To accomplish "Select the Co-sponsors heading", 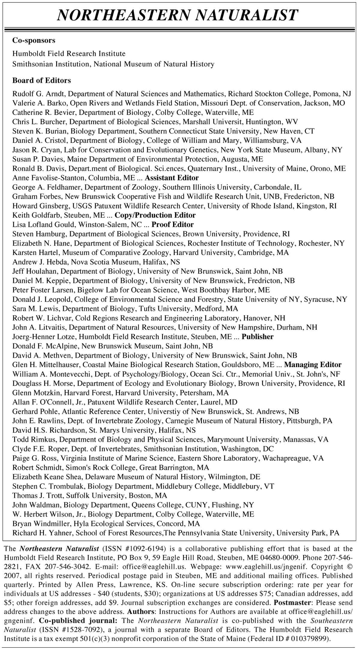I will tap(34, 40).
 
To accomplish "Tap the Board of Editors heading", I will tap(41, 80).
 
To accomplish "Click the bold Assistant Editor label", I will tap(172, 178).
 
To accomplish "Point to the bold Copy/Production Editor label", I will tap(155, 215).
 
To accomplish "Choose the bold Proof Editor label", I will tap(172, 224).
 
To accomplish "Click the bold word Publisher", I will tap(257, 337).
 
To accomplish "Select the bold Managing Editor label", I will tap(313, 365).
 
